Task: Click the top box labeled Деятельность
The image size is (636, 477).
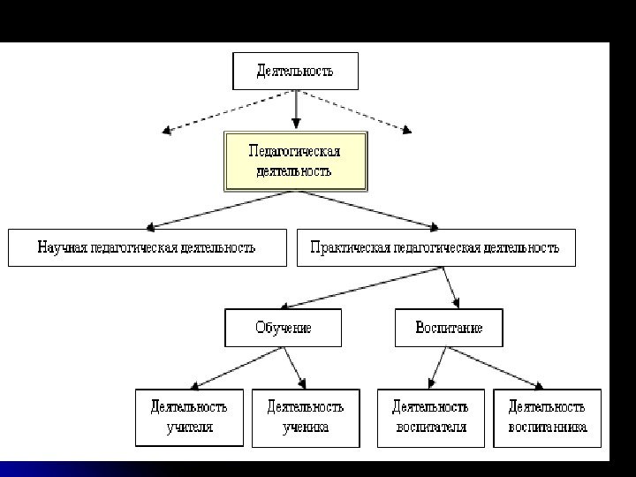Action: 295,71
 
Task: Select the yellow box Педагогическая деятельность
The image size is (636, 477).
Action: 295,161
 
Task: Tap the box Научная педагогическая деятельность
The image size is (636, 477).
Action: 148,247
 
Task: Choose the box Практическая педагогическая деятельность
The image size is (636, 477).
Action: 435,247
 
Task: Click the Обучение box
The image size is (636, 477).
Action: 284,328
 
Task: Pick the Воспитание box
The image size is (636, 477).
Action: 449,328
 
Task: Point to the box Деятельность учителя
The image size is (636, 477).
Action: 189,417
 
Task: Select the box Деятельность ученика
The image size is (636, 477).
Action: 306,417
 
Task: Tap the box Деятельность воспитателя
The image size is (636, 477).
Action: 430,417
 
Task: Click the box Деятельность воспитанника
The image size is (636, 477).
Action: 547,417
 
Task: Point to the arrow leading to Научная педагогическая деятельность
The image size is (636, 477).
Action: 221,208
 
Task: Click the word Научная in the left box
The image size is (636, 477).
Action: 63,247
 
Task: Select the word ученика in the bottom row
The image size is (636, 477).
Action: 306,428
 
